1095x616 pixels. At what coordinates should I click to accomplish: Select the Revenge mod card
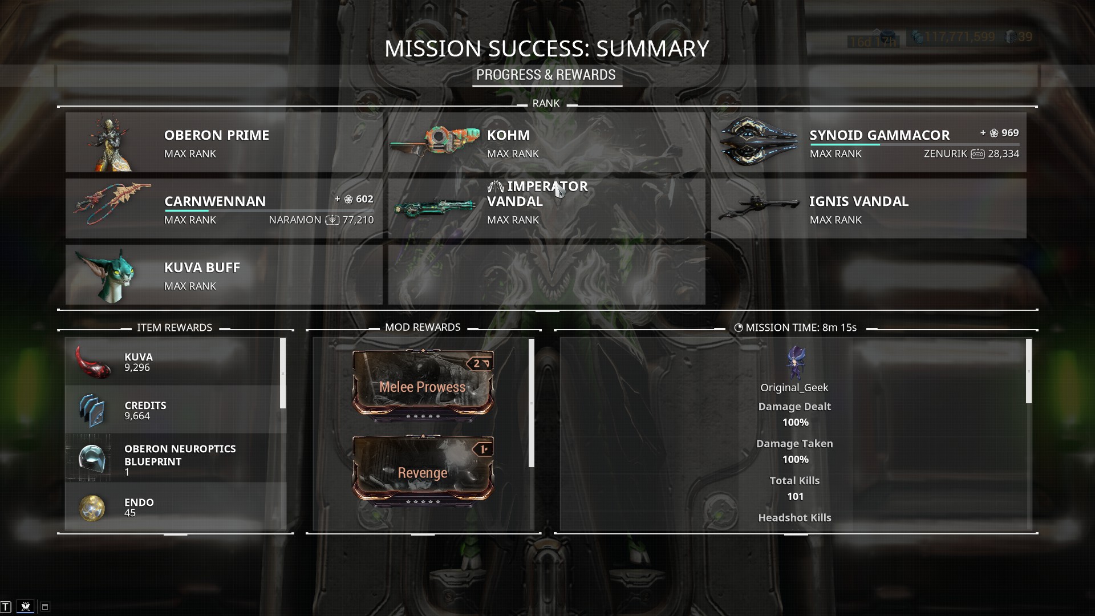[x=423, y=472]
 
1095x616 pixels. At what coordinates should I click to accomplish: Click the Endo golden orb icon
[x=92, y=508]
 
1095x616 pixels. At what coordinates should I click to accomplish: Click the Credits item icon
[x=92, y=410]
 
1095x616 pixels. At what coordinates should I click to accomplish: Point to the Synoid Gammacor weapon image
[x=759, y=142]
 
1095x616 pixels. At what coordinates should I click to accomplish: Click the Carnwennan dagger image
[x=113, y=204]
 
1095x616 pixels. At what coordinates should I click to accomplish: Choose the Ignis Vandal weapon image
[x=759, y=208]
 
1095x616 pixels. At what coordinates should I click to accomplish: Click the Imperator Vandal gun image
[x=435, y=208]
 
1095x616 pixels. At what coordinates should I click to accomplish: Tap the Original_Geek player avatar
[x=794, y=363]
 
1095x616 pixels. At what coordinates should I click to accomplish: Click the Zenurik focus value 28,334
[x=1004, y=153]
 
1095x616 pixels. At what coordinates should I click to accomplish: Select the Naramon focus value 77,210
[x=358, y=220]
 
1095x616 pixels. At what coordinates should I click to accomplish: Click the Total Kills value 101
[x=795, y=496]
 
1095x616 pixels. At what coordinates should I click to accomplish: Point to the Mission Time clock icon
[x=739, y=328]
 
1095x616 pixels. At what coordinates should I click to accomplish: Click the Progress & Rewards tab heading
[x=546, y=75]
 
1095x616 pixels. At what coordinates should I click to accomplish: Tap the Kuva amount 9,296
[x=137, y=368]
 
